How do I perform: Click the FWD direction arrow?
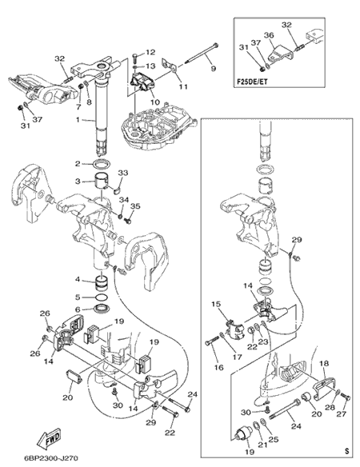point(49,439)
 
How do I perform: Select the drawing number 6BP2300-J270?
point(50,457)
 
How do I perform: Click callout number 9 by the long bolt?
point(214,69)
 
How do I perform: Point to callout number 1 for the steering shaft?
point(78,120)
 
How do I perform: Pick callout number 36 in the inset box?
point(269,35)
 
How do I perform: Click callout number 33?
point(123,173)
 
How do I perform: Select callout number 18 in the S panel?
point(324,363)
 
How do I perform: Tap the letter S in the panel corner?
point(346,451)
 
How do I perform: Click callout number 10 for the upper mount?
point(155,102)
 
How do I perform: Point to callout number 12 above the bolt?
point(150,53)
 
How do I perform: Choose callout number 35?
point(135,206)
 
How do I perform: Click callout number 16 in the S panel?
point(218,368)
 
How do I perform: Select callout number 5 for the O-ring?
point(78,297)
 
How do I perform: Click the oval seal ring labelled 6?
point(102,309)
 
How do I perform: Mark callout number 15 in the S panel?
point(217,305)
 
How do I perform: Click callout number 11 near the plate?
point(183,86)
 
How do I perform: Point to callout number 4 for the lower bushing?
point(78,280)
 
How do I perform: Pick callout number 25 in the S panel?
point(274,439)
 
